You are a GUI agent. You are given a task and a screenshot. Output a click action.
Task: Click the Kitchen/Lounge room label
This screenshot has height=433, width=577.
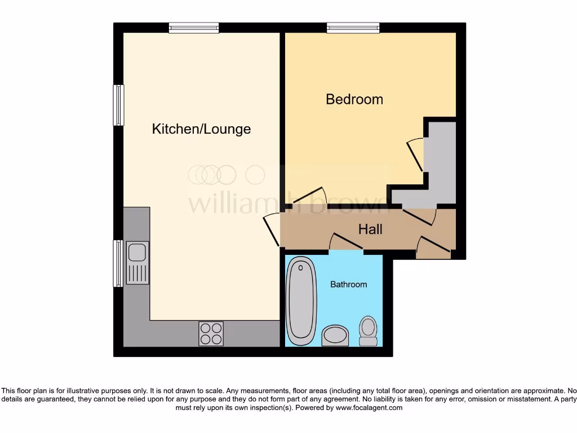point(201,129)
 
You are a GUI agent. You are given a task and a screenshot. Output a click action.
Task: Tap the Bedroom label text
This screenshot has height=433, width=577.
point(354,99)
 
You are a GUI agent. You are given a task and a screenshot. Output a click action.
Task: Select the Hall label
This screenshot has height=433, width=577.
point(370,229)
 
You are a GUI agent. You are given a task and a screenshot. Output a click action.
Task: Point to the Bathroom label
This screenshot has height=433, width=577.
point(348,284)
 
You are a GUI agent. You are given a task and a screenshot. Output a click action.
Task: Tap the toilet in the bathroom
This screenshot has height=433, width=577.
point(368,331)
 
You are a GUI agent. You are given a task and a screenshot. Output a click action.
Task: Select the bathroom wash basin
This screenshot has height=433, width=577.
point(335,335)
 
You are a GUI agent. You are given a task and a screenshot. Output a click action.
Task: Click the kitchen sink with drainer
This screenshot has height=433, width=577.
point(137,262)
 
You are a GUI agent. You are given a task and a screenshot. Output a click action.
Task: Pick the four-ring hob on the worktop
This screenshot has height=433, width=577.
point(211,333)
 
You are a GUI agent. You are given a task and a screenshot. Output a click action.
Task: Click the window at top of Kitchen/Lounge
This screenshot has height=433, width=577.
point(193,28)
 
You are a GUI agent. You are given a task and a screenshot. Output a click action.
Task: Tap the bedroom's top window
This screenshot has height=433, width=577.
point(353,28)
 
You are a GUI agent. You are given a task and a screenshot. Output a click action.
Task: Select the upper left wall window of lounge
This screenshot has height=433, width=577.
point(118,105)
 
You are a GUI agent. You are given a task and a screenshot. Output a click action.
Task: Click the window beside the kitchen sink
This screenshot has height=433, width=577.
point(118,263)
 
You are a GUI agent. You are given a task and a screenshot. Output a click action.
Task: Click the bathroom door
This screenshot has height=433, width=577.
point(345,242)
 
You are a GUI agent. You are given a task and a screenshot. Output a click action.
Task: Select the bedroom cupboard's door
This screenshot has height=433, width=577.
point(415,154)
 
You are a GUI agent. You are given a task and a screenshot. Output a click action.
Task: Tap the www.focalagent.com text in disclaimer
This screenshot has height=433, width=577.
point(369,408)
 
